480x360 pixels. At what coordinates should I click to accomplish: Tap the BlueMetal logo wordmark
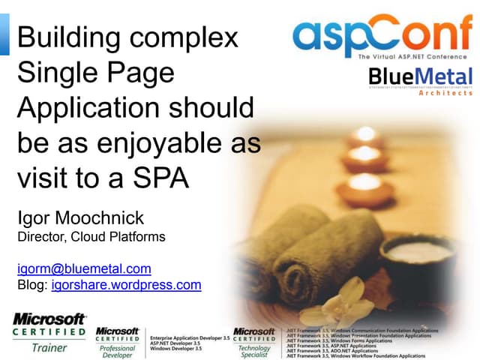pos(421,76)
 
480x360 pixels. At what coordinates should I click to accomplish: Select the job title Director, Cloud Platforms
pos(91,237)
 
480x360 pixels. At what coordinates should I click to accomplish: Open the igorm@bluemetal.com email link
pos(84,268)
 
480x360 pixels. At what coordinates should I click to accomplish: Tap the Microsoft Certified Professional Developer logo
pos(118,341)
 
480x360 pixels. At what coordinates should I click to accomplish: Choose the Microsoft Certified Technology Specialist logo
pos(254,341)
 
